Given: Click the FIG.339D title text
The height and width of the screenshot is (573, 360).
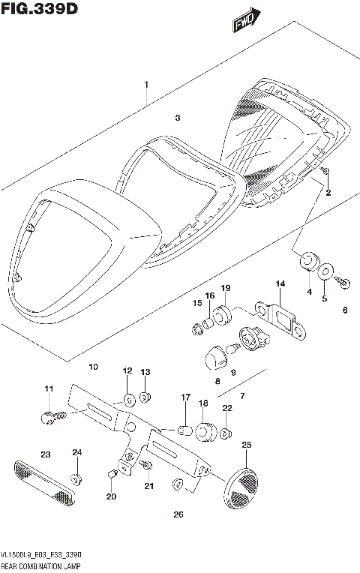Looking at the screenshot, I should (x=39, y=9).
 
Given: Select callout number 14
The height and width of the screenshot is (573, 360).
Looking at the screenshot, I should (x=280, y=283).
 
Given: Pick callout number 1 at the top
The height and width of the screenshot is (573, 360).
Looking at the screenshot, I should (x=147, y=84).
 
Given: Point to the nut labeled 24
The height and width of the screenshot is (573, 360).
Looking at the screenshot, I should (x=76, y=477).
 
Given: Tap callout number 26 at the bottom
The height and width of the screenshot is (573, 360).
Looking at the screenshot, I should (x=178, y=514).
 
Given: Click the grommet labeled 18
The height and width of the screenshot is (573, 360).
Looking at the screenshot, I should (x=204, y=433).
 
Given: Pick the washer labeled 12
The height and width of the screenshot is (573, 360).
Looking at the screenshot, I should (x=128, y=397).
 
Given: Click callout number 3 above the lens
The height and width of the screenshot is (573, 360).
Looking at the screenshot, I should (x=177, y=118).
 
